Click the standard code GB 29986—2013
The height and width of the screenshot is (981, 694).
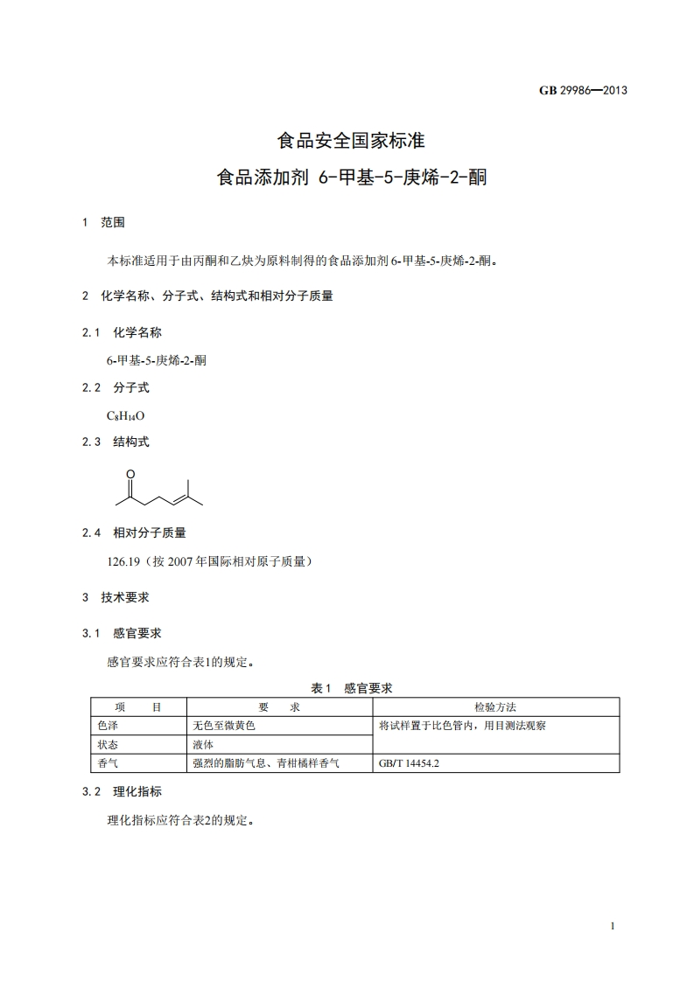tap(583, 90)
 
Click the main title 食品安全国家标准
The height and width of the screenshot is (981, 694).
tap(351, 140)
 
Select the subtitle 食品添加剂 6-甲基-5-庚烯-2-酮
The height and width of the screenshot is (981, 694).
tap(351, 178)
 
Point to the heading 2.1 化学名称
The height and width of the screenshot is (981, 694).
tap(122, 332)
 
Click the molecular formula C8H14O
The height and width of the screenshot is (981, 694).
tap(125, 415)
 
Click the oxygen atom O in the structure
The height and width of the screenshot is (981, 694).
tap(130, 474)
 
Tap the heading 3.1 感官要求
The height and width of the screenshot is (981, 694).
tap(122, 633)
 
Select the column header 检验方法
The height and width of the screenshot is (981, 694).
tap(495, 706)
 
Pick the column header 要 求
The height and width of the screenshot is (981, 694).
tap(279, 706)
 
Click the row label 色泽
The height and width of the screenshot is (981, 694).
tap(108, 726)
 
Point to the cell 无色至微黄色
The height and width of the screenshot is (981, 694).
tap(224, 726)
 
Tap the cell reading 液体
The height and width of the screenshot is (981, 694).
tap(203, 745)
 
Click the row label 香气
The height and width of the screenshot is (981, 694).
tap(108, 763)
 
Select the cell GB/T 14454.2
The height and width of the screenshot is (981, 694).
tap(409, 763)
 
